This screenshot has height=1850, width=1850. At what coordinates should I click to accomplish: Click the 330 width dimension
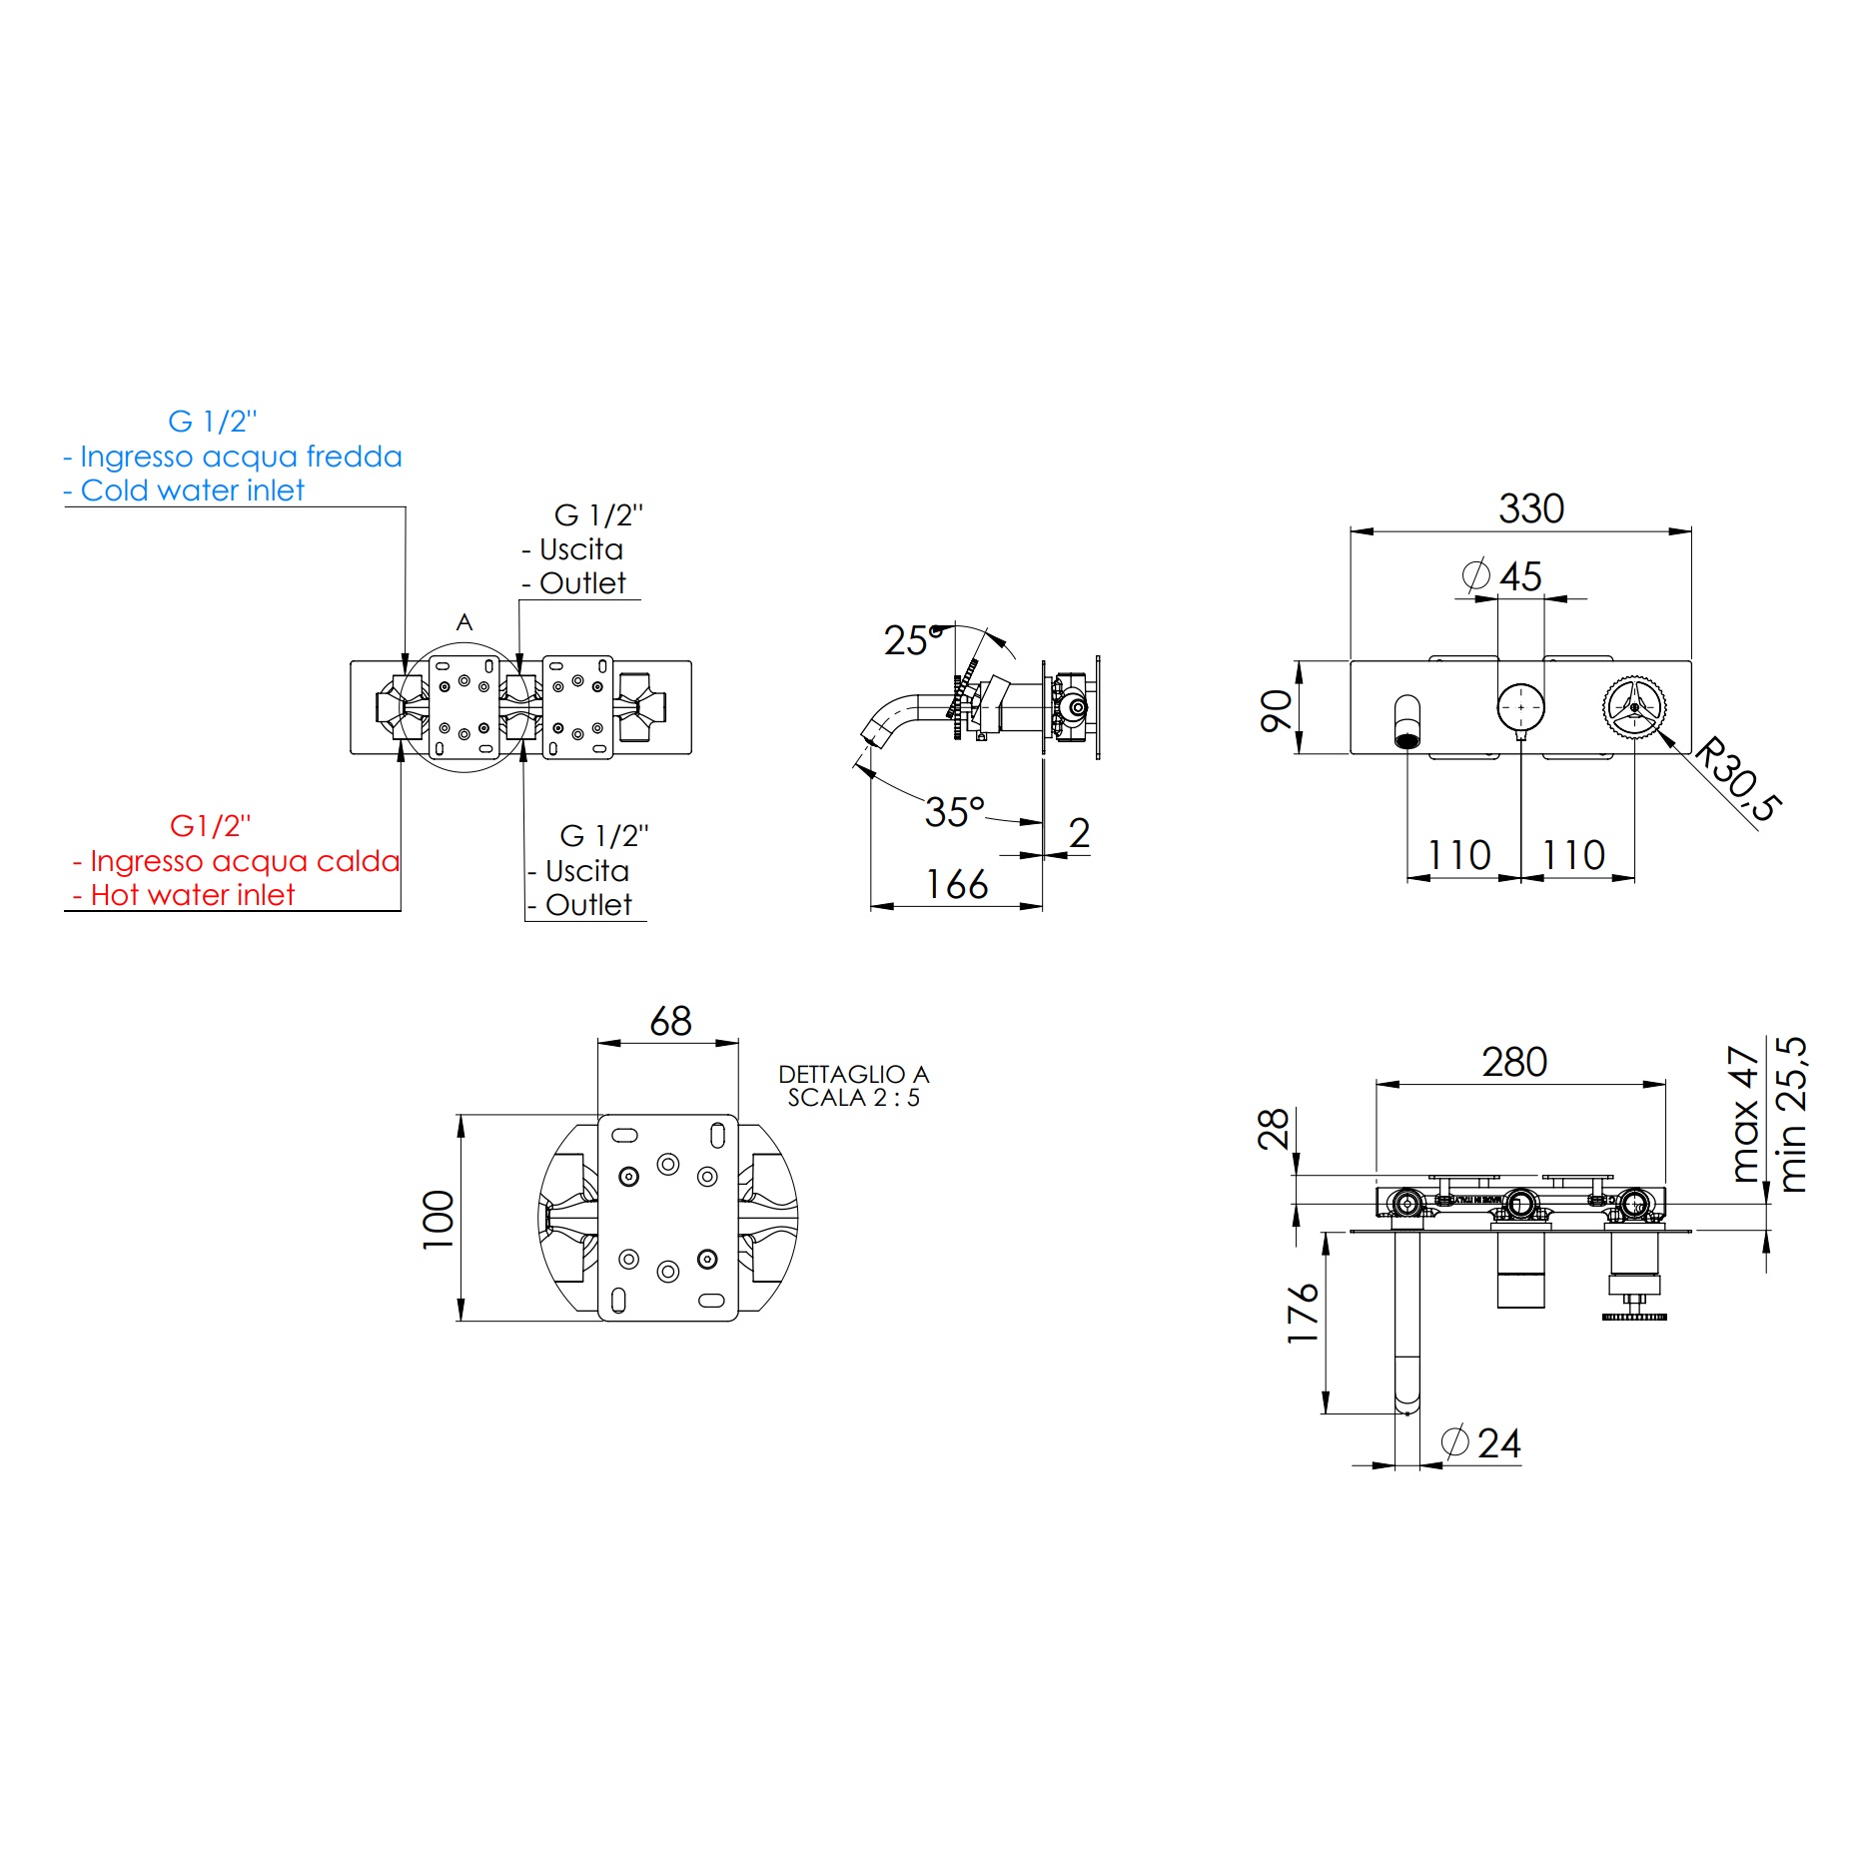click(1529, 508)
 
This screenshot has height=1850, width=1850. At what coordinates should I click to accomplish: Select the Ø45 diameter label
click(1502, 576)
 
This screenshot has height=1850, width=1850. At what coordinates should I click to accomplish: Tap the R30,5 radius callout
click(1739, 779)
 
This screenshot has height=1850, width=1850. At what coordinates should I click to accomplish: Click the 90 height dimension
click(1276, 710)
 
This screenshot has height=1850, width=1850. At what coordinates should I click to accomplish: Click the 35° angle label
click(954, 811)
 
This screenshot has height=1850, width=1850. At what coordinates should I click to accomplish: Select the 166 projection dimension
click(956, 884)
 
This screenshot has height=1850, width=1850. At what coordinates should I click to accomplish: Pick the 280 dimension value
click(1513, 1062)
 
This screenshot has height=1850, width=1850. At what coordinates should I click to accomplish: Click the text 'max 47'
click(1743, 1114)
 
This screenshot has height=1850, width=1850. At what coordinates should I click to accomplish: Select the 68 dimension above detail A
click(669, 1021)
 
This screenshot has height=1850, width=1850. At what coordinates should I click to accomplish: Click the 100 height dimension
click(438, 1219)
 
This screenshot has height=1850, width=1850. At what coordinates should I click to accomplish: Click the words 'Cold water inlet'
click(192, 490)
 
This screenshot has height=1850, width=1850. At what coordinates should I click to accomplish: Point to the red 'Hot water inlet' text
click(192, 895)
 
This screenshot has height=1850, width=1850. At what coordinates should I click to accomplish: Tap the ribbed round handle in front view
click(1633, 706)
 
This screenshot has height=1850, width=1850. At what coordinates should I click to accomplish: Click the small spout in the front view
click(1406, 721)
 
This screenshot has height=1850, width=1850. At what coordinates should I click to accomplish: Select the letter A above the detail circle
click(463, 622)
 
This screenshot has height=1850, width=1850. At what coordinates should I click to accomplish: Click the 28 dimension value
click(1273, 1129)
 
